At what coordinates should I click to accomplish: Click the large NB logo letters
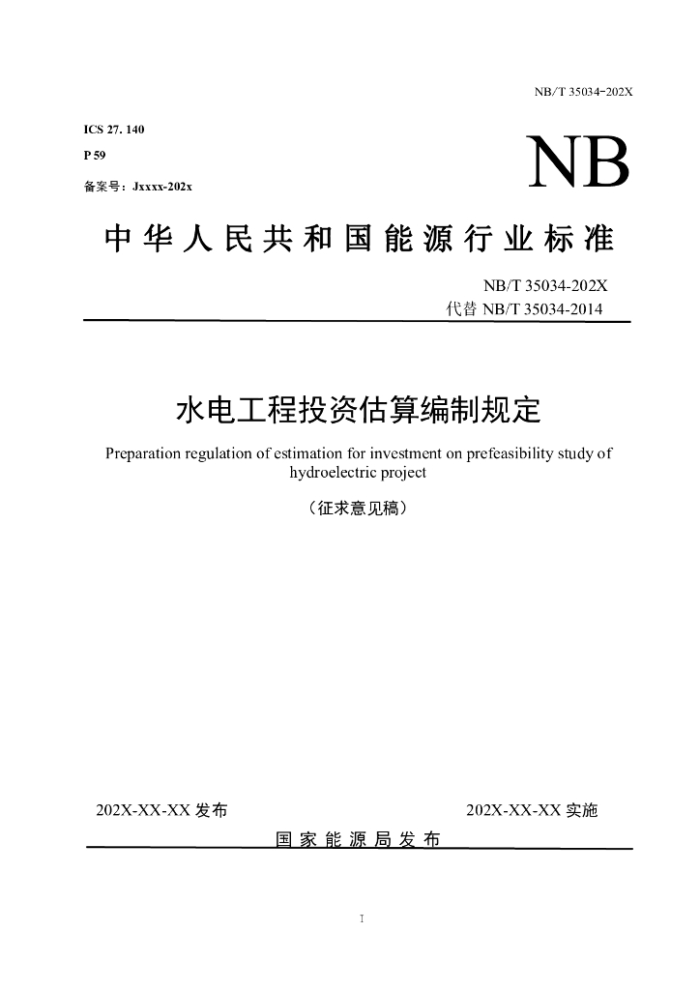pos(577,161)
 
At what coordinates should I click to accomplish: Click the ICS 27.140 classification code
pos(114,130)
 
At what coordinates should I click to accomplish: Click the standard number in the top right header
pos(583,92)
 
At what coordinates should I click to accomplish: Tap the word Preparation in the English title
pos(145,453)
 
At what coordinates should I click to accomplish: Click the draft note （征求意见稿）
pos(358,507)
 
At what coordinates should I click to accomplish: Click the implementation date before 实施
pos(513,810)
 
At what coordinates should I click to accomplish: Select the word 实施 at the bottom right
pos(582,810)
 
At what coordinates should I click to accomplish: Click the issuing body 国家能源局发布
pos(358,839)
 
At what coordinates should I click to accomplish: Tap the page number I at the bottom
pos(360,917)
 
